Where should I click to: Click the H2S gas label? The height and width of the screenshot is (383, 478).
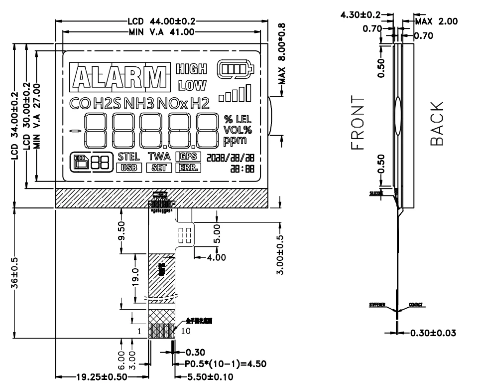tap(107, 104)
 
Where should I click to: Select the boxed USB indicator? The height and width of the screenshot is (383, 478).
tap(128, 168)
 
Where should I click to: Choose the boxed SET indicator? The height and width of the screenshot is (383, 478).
tap(159, 168)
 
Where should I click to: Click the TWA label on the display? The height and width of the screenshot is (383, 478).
tap(159, 157)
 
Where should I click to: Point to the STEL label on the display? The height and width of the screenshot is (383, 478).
tap(128, 157)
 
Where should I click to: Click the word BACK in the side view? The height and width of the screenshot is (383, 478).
tap(437, 123)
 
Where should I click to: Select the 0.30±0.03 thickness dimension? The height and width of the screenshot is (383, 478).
tap(432, 333)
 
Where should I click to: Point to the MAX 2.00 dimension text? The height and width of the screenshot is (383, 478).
tap(437, 21)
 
